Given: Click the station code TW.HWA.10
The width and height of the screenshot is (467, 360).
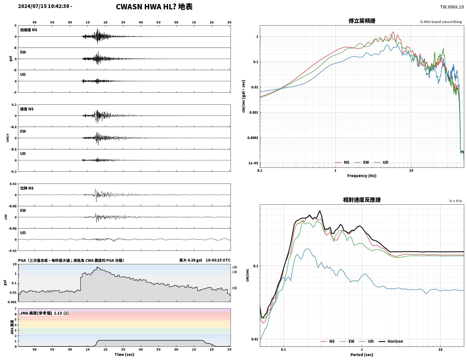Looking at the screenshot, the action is [x=452, y=7].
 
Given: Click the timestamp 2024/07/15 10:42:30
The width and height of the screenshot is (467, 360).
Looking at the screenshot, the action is [x=44, y=6].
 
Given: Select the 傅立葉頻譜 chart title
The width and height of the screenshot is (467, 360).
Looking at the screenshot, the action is [x=362, y=21].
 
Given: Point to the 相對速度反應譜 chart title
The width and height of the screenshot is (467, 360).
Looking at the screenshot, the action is [x=362, y=200].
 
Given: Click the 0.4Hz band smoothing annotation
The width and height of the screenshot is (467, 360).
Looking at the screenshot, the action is [x=441, y=22].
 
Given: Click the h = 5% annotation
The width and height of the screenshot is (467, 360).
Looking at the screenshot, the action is [x=455, y=201].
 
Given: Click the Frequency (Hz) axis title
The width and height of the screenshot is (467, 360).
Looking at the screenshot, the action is [x=362, y=175].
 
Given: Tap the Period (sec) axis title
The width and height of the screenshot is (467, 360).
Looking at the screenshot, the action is [x=362, y=354].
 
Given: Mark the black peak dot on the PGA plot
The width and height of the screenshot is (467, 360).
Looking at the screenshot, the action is [x=97, y=267].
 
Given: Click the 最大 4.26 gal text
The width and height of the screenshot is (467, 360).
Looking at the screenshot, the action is [x=191, y=260].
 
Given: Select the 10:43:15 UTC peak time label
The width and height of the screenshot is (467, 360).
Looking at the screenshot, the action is [x=218, y=260].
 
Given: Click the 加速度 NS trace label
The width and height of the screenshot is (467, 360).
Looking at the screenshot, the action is [x=29, y=30].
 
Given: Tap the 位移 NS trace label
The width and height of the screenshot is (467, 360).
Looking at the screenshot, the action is [x=27, y=188].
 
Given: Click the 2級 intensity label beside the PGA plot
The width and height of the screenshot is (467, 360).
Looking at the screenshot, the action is [x=234, y=267].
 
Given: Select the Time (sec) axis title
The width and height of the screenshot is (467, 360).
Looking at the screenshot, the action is [x=124, y=354].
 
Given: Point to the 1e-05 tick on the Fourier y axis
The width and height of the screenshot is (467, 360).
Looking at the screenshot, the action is [x=253, y=163].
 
